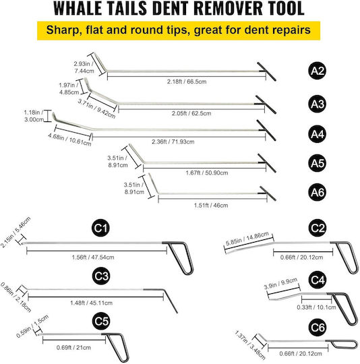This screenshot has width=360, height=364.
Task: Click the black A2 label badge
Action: coord(318,71)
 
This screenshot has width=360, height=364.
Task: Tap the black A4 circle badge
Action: coord(318,134)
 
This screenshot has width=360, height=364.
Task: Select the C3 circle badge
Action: coord(101,276)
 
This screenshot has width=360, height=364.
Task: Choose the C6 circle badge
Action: coord(318,328)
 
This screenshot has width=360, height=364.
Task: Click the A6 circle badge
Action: coord(318,192)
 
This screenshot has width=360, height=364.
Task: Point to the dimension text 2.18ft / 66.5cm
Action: coord(187,82)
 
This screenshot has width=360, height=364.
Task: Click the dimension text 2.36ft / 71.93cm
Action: coord(173,142)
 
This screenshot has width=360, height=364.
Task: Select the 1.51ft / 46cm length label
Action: coord(211,206)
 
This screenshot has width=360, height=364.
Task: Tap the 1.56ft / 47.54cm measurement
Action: coord(93,257)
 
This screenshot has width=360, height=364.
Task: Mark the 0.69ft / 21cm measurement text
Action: coord(73,348)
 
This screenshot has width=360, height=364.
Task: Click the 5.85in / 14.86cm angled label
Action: coord(247,239)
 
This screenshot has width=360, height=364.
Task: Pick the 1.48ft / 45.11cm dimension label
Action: coord(91,303)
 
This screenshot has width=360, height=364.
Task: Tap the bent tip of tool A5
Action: coord(136,153)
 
